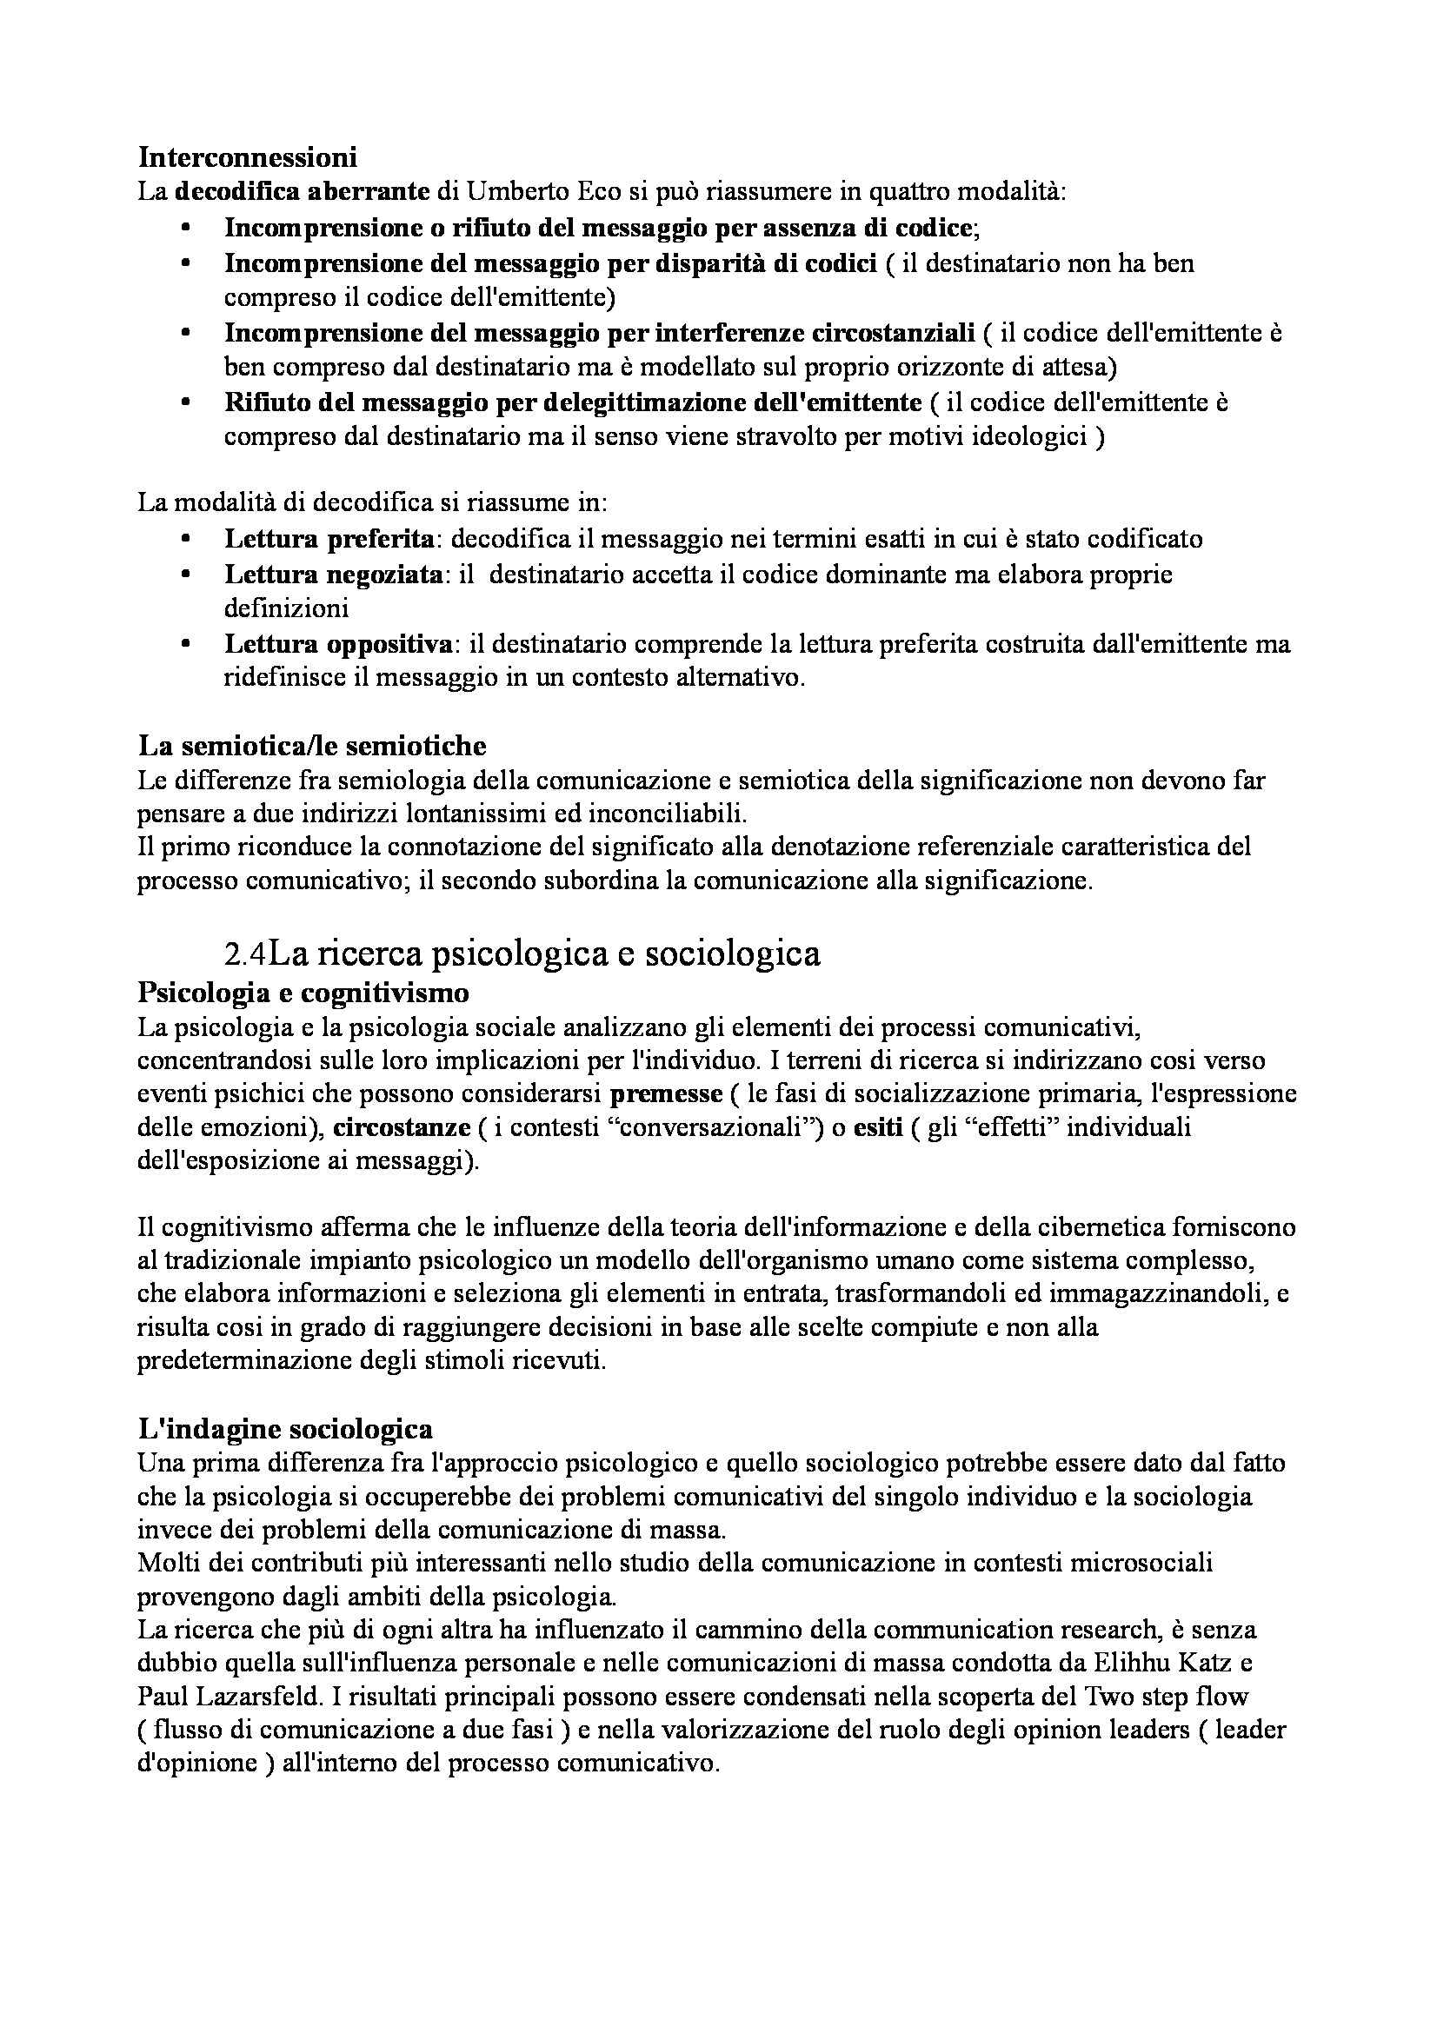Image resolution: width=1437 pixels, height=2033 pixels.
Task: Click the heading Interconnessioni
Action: point(247,156)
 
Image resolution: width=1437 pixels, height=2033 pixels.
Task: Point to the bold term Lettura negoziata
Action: point(334,574)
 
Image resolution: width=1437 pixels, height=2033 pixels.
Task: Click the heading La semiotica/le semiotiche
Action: point(312,745)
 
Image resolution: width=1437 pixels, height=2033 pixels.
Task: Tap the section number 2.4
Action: point(245,953)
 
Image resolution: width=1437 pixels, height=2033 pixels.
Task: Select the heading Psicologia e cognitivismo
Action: point(303,993)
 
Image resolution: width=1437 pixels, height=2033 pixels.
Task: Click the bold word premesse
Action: point(666,1093)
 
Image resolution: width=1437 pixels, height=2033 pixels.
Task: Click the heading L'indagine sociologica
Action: point(285,1428)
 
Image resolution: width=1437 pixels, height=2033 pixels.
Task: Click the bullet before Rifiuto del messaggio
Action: point(185,402)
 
